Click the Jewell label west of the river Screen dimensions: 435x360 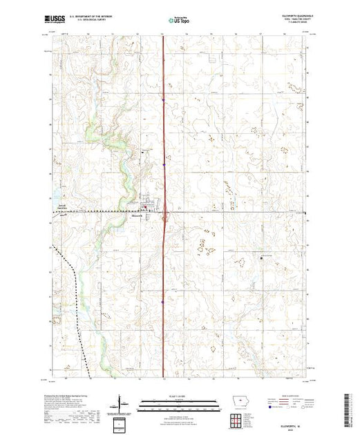pyautogui.click(x=62, y=204)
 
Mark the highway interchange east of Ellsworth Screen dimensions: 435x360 pyautogui.click(x=164, y=220)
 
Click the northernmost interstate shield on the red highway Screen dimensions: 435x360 pyautogui.click(x=164, y=101)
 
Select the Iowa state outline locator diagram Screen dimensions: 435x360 pyautogui.click(x=237, y=402)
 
